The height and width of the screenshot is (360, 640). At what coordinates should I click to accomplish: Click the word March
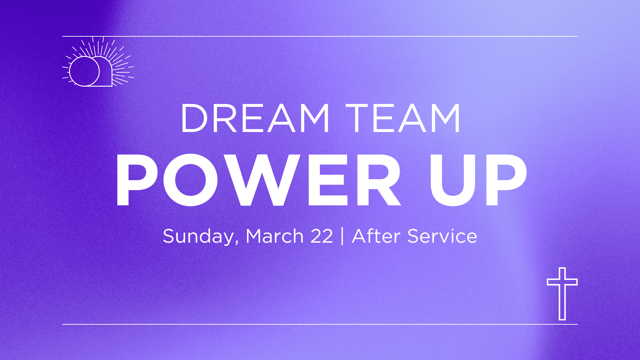pos(274,236)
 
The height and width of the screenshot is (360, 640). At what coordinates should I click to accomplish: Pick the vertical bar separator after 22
pos(343,236)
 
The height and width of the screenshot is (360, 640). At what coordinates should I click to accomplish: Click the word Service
pos(442,236)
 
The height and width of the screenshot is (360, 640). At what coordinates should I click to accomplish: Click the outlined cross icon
pos(562,293)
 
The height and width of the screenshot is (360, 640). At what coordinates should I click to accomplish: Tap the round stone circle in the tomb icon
pos(84,71)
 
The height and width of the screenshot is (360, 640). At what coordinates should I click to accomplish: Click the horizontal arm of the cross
pos(562,282)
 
